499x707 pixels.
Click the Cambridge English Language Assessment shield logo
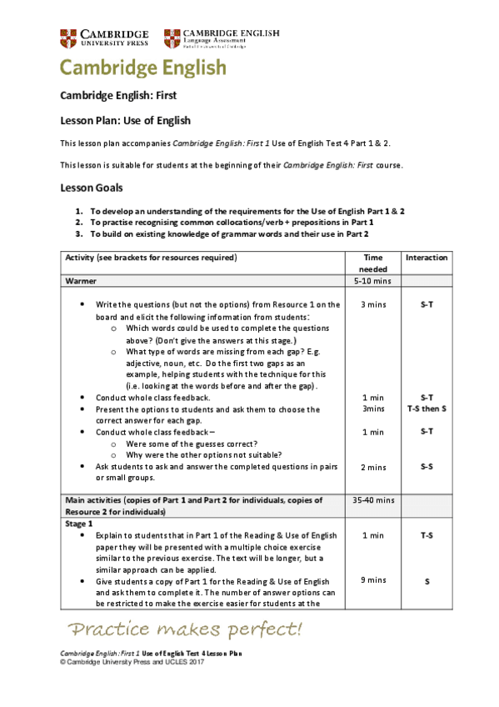172,38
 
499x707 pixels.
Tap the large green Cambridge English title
142,68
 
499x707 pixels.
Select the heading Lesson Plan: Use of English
126,120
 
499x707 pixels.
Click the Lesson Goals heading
92,188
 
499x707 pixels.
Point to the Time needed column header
372,263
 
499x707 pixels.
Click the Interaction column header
427,258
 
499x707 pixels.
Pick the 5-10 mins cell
372,282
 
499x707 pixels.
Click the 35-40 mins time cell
372,500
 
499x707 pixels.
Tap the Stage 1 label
79,523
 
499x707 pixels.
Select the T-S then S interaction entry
427,409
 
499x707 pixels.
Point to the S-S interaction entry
427,467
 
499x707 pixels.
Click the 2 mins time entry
372,467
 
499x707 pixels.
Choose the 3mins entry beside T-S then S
372,409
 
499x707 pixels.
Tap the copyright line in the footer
132,661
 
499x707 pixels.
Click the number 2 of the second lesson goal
78,223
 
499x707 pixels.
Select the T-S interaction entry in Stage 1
427,534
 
